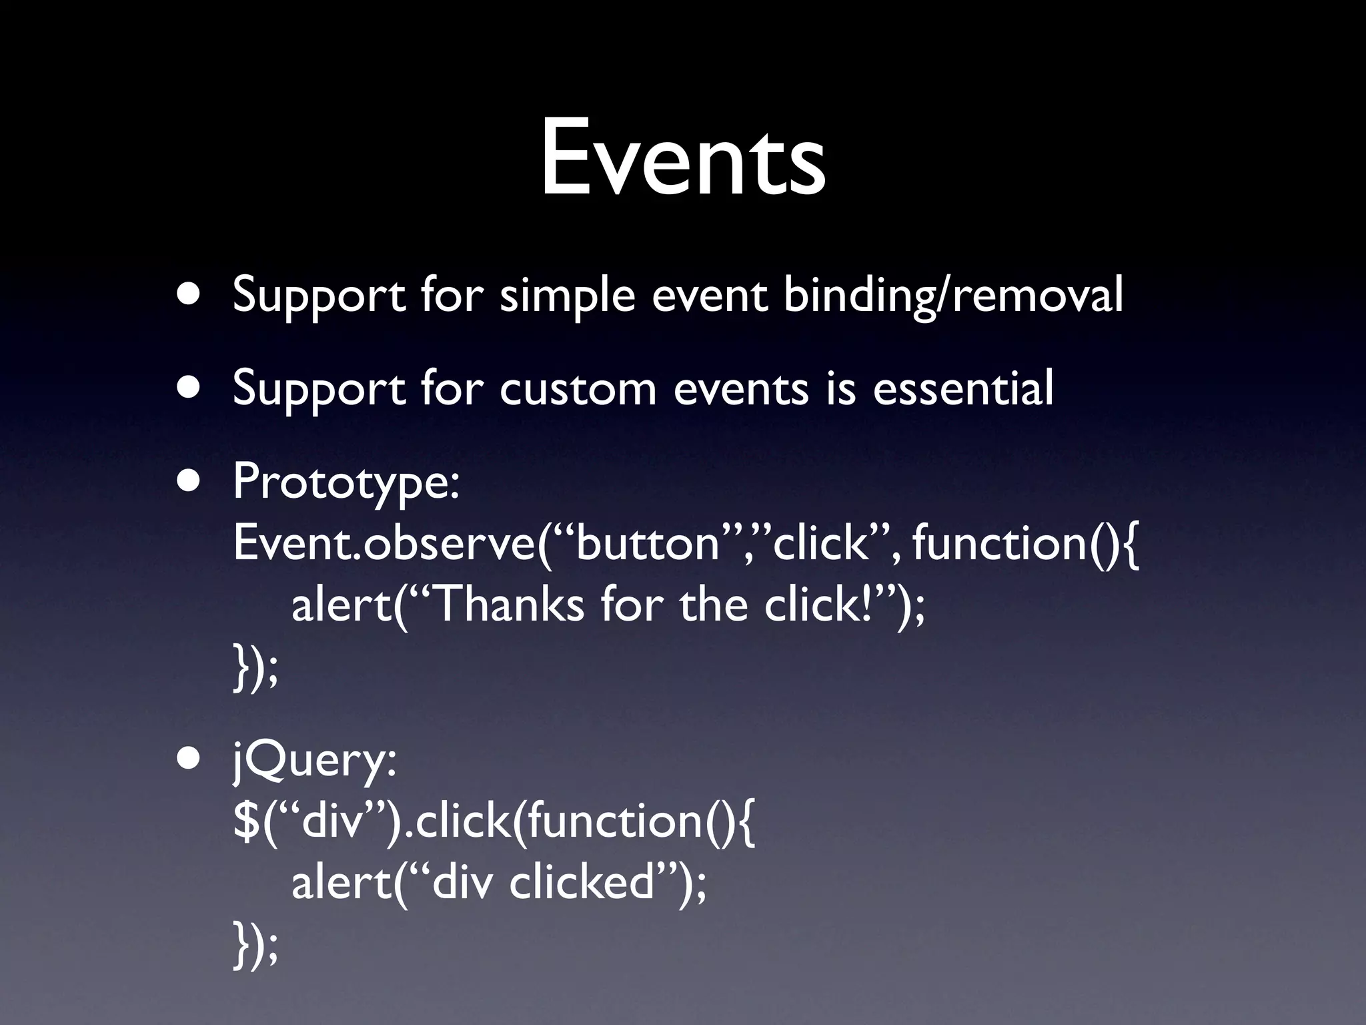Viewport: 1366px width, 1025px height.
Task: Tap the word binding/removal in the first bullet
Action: pyautogui.click(x=952, y=295)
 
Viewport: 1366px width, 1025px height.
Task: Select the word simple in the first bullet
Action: pyautogui.click(x=566, y=295)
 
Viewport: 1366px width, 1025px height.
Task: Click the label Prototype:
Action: pyautogui.click(x=346, y=482)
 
